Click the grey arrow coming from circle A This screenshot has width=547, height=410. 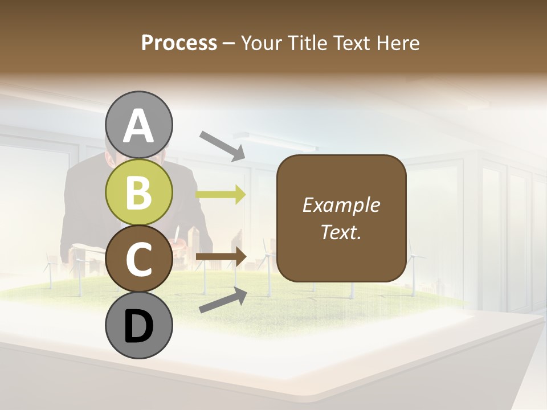click(222, 145)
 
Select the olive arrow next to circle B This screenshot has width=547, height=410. click(221, 194)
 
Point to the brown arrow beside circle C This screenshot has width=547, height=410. click(221, 257)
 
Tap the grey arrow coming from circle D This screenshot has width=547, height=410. click(223, 301)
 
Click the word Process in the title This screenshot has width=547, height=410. click(179, 43)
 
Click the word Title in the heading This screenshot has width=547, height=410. click(306, 43)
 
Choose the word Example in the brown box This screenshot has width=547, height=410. click(341, 205)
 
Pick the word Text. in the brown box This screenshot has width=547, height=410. click(341, 232)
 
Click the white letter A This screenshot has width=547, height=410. click(139, 126)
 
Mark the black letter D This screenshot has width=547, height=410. click(138, 326)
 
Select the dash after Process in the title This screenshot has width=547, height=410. click(228, 43)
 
